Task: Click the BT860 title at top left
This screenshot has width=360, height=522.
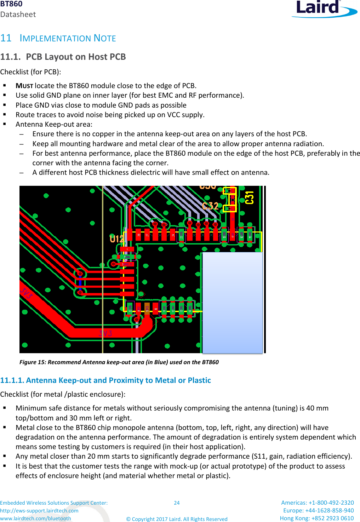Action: (x=11, y=4)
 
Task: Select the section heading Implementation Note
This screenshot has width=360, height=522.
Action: (x=68, y=38)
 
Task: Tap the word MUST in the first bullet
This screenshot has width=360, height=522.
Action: (x=24, y=86)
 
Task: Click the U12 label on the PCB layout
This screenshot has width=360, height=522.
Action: (x=116, y=239)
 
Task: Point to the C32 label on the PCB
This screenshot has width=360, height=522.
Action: (x=210, y=206)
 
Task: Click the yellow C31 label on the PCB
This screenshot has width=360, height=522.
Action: (x=250, y=197)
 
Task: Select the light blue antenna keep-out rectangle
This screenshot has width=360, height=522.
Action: (x=232, y=302)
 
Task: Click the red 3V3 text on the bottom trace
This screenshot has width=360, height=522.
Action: (x=105, y=333)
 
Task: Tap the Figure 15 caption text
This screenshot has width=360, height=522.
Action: (x=119, y=362)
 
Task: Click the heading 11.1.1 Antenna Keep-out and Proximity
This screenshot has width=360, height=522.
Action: (x=105, y=380)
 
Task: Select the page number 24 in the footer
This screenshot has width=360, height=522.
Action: (x=177, y=503)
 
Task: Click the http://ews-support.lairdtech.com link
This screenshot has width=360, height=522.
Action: (x=39, y=511)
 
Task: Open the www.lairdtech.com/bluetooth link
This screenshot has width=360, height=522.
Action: (x=35, y=518)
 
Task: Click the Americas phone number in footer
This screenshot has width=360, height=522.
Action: (x=317, y=503)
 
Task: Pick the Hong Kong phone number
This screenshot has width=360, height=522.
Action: (x=316, y=518)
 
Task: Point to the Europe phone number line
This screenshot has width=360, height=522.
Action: (x=318, y=510)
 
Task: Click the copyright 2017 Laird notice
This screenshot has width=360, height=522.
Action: (x=177, y=519)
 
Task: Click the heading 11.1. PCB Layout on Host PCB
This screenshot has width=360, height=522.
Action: (x=63, y=57)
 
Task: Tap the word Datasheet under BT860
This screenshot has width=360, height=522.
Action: (x=18, y=15)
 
